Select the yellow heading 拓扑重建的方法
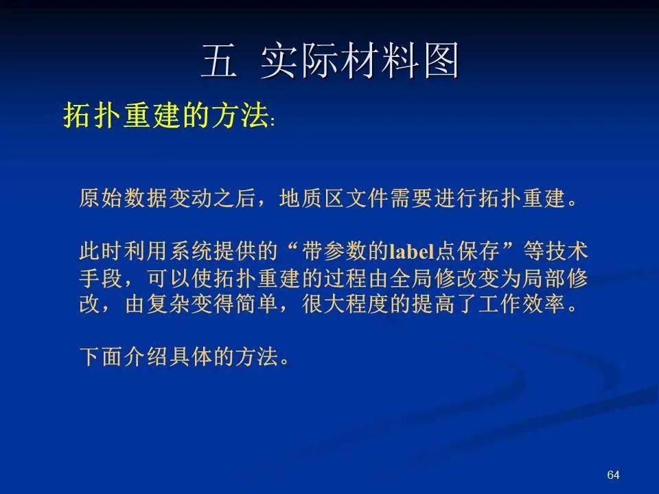(x=166, y=115)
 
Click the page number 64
(x=613, y=475)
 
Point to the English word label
(x=412, y=251)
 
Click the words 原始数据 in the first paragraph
(x=123, y=198)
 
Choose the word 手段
(x=101, y=278)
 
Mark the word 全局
(x=411, y=278)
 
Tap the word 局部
(x=544, y=278)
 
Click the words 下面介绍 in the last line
(x=123, y=357)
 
